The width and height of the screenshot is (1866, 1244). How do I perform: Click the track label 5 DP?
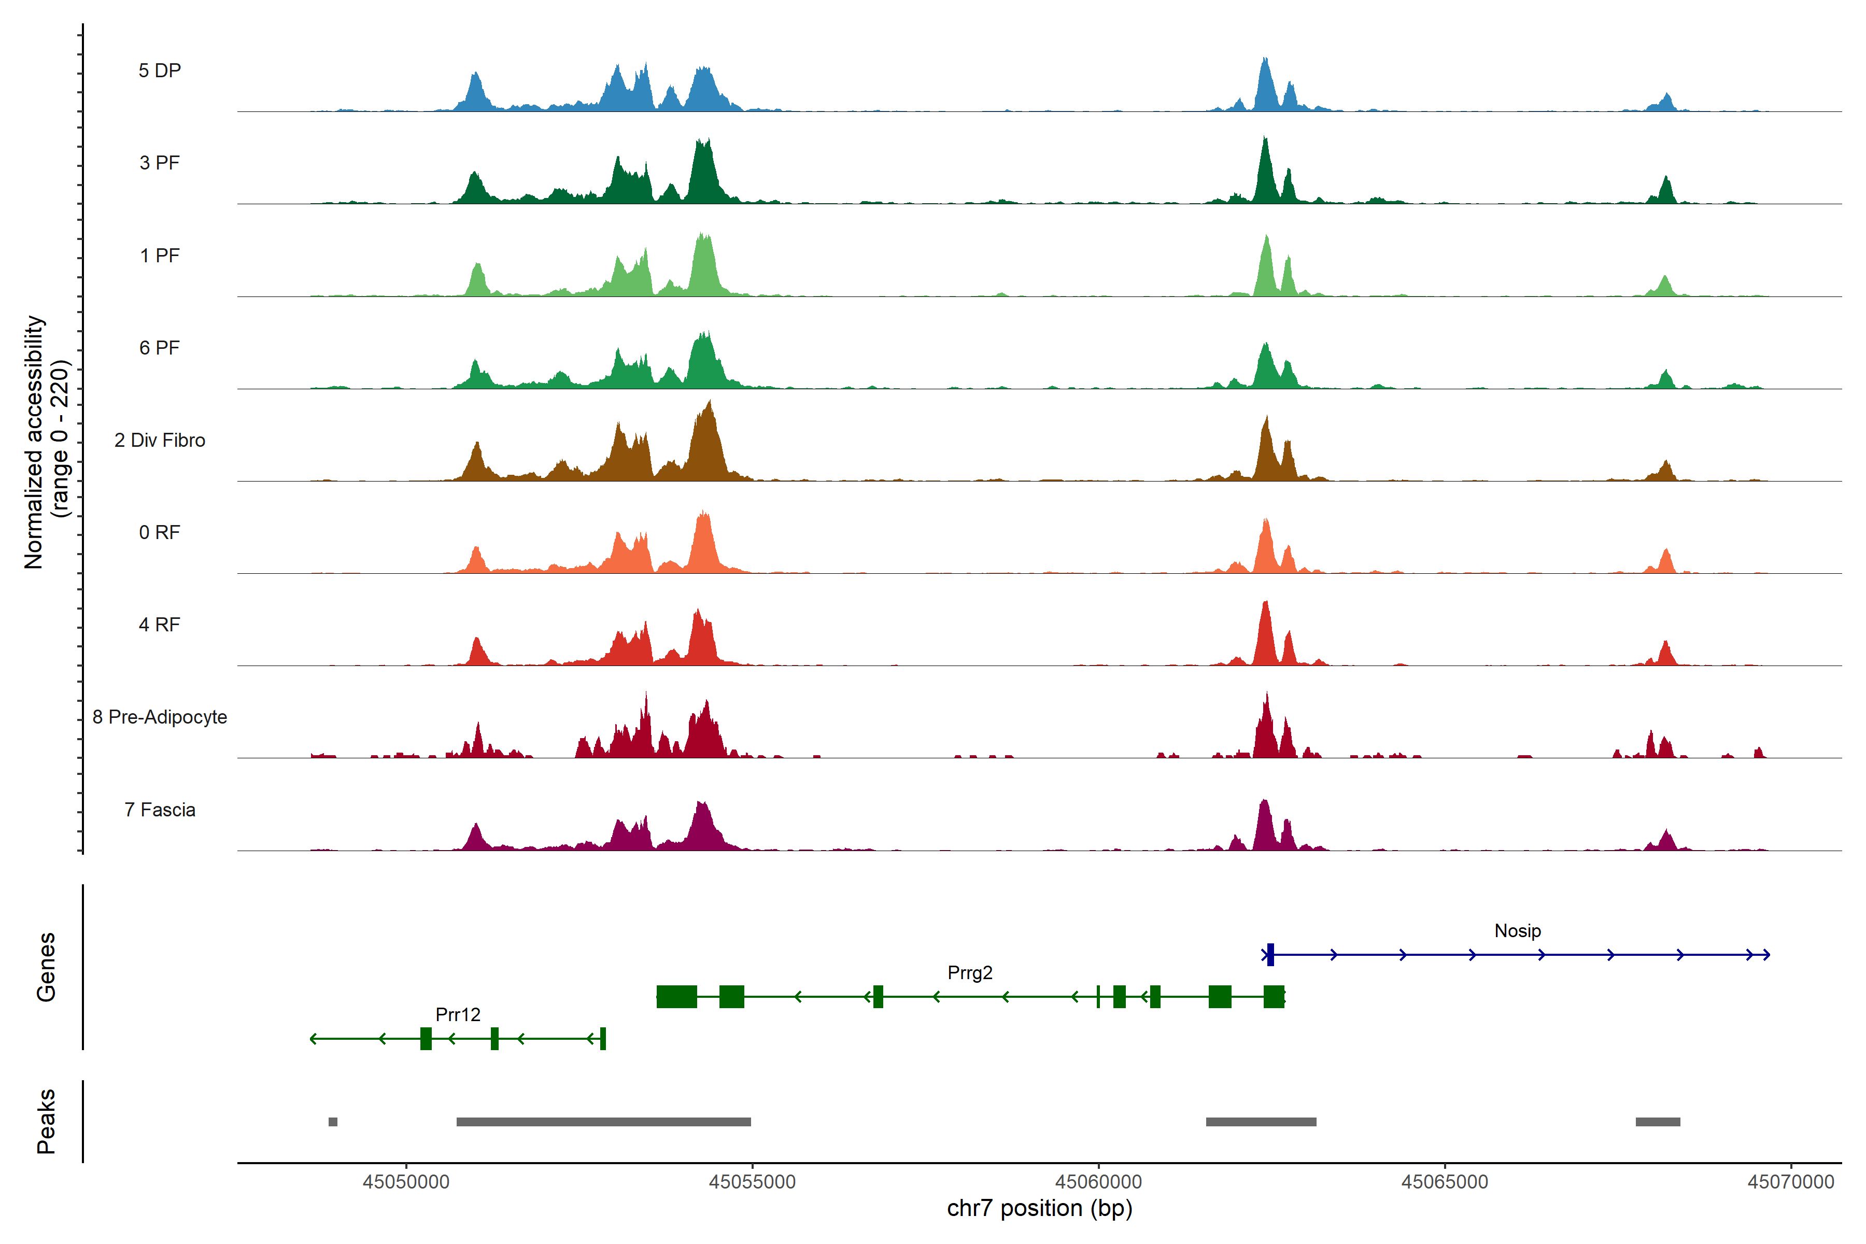pos(160,70)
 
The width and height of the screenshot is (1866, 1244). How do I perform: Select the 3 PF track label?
pos(160,163)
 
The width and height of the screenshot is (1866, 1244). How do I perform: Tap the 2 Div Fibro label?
pos(160,440)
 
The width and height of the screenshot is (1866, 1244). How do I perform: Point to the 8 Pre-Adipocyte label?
pos(160,717)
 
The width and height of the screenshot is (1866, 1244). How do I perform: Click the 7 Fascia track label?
pos(160,810)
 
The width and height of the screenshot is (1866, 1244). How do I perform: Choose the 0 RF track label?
pos(160,532)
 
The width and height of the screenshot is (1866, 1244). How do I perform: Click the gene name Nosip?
pos(1517,930)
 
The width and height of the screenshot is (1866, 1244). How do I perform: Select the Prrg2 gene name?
pos(969,973)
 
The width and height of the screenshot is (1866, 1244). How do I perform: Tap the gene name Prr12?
pos(458,1015)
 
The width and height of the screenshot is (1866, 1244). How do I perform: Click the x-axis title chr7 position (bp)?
pos(1039,1208)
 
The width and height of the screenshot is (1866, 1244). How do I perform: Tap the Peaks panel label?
pos(46,1121)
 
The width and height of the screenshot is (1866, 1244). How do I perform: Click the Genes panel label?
pos(46,967)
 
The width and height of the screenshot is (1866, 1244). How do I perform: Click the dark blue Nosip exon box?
pos(1270,954)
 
